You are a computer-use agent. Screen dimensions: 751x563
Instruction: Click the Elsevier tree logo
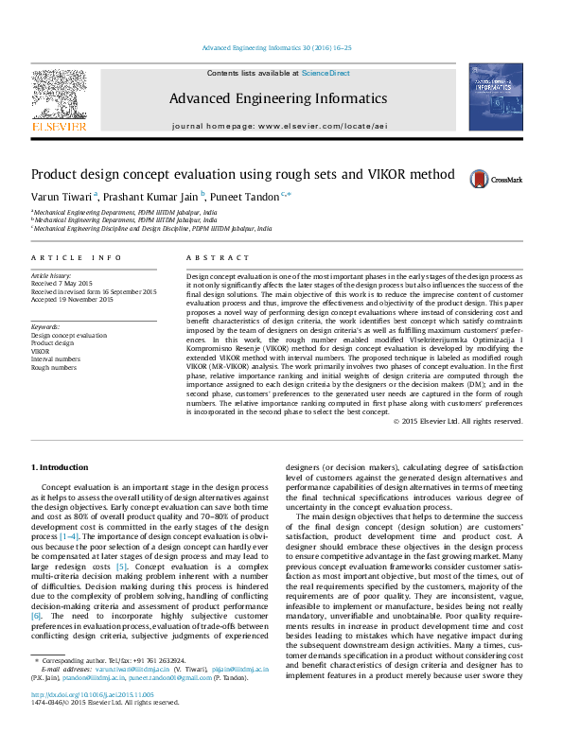[x=60, y=97]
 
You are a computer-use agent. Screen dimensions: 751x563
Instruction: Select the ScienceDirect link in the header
[x=325, y=73]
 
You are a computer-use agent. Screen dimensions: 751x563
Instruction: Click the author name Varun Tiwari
[x=61, y=197]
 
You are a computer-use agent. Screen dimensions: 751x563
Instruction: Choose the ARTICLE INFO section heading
[x=76, y=257]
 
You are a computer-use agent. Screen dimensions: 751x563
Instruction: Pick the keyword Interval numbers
[x=56, y=360]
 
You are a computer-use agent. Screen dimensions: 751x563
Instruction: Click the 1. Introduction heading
[x=62, y=467]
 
